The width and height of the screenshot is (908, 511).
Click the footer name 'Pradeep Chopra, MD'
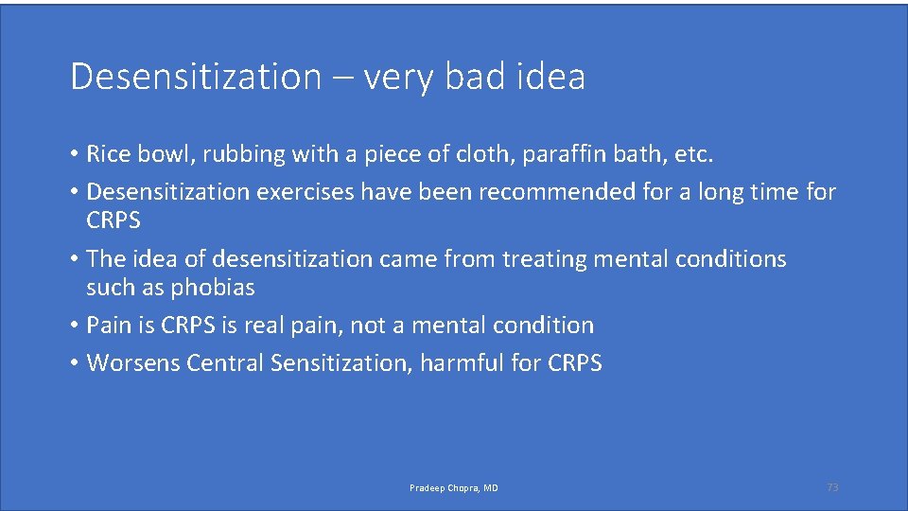click(x=453, y=488)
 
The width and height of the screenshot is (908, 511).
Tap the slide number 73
click(x=832, y=487)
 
